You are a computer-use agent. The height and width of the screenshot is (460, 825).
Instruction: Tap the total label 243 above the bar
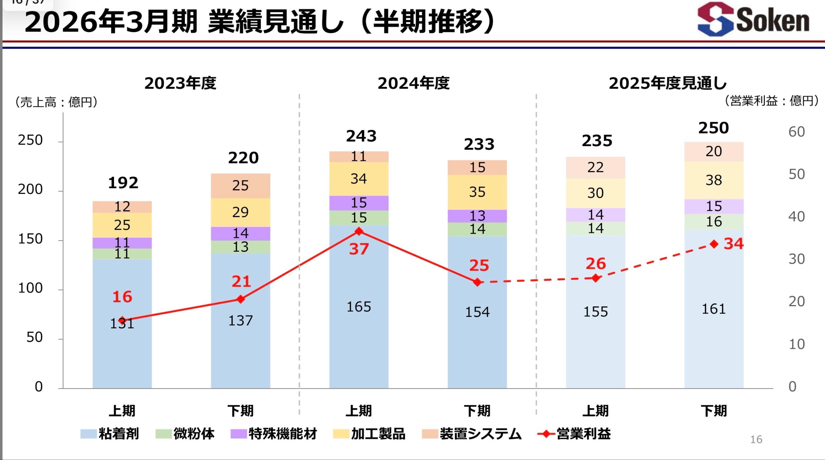pyautogui.click(x=361, y=136)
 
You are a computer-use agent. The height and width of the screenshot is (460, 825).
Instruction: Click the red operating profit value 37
pyautogui.click(x=359, y=249)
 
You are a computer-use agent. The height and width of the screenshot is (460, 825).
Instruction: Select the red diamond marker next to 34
pyautogui.click(x=714, y=244)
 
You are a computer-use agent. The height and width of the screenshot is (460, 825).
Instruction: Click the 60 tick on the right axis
pyautogui.click(x=797, y=132)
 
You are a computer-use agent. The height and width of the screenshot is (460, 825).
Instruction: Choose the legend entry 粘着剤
pyautogui.click(x=110, y=434)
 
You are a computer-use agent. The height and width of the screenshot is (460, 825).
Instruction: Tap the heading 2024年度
pyautogui.click(x=413, y=83)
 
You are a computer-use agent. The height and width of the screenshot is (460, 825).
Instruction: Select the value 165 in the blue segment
pyautogui.click(x=359, y=307)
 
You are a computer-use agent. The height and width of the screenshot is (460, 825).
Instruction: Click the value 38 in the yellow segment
pyautogui.click(x=714, y=180)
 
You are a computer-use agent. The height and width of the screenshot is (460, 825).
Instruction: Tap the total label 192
pyautogui.click(x=123, y=183)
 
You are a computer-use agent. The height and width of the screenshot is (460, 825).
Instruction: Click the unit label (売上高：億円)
pyautogui.click(x=56, y=102)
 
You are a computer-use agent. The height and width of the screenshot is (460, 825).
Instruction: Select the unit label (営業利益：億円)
pyautogui.click(x=771, y=101)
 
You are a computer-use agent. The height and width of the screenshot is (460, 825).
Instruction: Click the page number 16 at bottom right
pyautogui.click(x=756, y=440)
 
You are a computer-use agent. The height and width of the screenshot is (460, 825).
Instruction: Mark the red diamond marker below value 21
pyautogui.click(x=241, y=299)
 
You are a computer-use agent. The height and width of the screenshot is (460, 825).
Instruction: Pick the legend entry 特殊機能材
pyautogui.click(x=274, y=434)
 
